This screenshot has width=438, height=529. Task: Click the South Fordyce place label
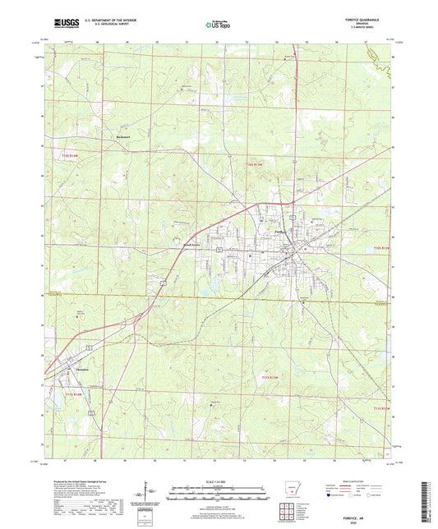[x=191, y=245]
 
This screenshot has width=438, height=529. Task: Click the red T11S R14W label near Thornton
[x=73, y=395]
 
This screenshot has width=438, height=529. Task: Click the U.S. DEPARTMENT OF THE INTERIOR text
[x=102, y=21]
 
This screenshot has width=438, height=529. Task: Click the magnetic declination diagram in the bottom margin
[x=145, y=496]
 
